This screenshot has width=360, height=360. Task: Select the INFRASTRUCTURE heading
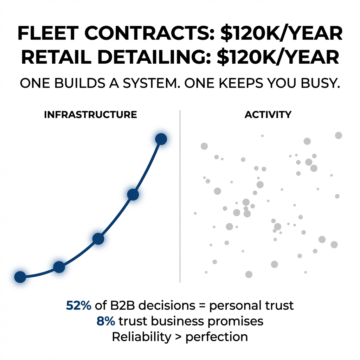[90, 115]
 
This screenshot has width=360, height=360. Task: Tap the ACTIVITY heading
[268, 115]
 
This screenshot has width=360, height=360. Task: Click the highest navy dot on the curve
[161, 139]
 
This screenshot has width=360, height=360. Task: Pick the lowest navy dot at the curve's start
[20, 277]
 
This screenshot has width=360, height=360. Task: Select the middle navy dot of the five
[98, 239]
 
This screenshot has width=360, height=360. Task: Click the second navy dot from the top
[133, 194]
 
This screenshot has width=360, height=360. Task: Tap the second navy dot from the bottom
[59, 267]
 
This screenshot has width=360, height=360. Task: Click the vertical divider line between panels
[180, 197]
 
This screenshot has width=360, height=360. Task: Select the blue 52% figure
[78, 306]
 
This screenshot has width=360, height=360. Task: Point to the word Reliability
[141, 337]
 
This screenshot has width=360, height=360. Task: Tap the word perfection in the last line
[217, 337]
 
